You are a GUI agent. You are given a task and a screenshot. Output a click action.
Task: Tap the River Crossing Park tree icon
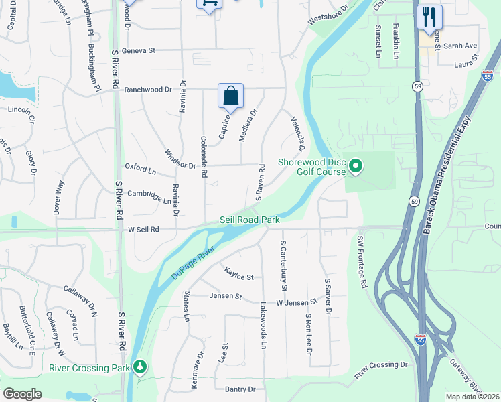140,367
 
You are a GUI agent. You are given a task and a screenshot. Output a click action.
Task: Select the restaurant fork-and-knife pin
429,17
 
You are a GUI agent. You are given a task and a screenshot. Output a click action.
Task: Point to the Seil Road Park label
249,220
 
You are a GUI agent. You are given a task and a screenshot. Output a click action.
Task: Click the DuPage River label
193,261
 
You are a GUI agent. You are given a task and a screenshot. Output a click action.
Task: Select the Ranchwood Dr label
146,90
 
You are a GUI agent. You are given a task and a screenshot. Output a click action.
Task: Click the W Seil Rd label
143,229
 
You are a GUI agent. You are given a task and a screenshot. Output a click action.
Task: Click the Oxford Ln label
140,167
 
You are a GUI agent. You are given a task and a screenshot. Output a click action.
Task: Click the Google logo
22,393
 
